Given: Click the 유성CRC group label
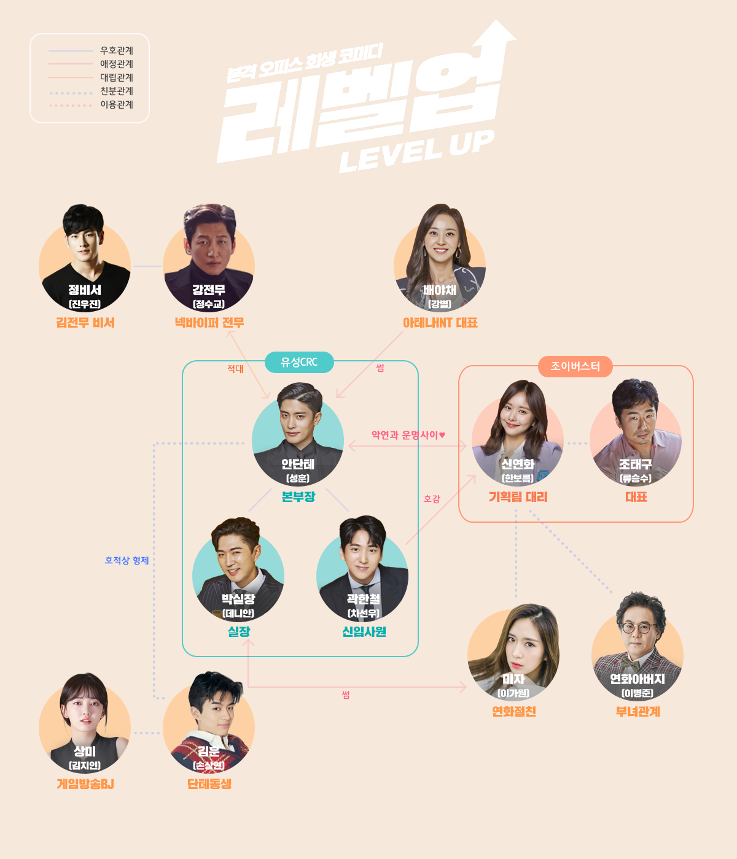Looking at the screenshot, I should coord(299,362).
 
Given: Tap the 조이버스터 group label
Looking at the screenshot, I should coord(575,366).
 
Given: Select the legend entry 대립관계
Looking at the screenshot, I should coord(117,77).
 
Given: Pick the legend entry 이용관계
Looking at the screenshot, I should coord(117,104).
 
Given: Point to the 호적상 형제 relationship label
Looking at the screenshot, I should coord(127,560).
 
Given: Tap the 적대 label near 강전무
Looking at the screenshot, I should coord(235,369).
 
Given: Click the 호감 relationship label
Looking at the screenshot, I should coord(432,499).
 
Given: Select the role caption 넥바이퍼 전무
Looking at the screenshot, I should coord(209,323).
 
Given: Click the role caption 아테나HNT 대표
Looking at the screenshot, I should coord(440,323).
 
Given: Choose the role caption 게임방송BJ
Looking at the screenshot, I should coord(85,784).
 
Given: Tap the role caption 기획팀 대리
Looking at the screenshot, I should coord(518,497).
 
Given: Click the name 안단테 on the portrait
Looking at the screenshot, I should coord(298,464).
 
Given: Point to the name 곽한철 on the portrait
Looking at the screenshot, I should coord(364,599).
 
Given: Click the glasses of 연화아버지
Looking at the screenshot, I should coord(638,628).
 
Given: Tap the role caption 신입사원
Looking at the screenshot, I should coord(364,631).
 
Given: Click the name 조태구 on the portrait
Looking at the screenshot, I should coord(636,464).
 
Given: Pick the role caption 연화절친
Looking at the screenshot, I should coord(514,712).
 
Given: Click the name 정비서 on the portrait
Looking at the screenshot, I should coord(85,290).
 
